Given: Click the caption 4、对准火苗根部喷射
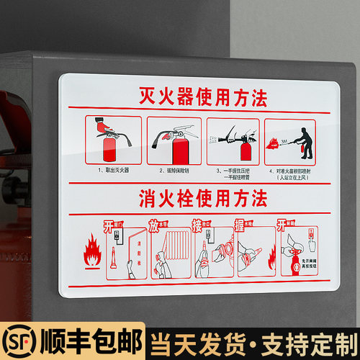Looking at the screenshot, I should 296,171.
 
